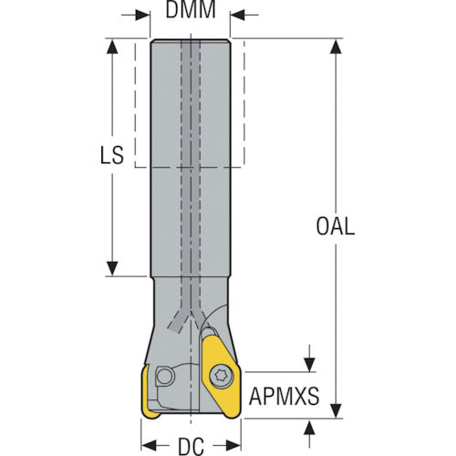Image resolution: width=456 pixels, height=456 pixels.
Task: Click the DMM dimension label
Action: coord(191,10)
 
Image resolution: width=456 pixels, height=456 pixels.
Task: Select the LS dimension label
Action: coord(112,155)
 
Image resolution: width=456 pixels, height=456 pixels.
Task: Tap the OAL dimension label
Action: coord(336,226)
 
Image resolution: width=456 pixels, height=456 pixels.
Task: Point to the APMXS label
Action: coord(285,396)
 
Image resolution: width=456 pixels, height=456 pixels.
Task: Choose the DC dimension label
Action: coord(191,447)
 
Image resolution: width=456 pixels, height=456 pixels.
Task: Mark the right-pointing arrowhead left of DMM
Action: coord(142,15)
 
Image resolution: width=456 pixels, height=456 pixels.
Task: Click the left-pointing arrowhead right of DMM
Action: coord(237,15)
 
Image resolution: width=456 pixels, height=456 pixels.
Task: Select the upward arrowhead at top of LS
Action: coord(112,47)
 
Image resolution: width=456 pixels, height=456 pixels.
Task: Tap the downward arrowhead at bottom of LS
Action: coord(112,268)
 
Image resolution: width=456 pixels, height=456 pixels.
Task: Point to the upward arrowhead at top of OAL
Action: coord(336,47)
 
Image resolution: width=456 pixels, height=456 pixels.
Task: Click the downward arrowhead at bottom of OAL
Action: coord(336,410)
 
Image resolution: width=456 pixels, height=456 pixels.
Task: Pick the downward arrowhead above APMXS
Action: coord(309,365)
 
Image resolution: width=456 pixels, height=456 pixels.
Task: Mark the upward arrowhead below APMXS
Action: coord(309,426)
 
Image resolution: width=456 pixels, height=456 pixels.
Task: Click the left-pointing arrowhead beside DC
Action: coord(149,446)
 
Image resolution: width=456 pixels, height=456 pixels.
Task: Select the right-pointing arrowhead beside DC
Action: coord(233,446)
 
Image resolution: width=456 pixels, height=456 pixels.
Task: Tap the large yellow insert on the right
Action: coord(221,377)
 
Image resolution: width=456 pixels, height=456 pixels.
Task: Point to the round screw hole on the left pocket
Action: coord(164,377)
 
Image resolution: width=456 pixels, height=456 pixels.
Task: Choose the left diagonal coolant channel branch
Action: coord(177,323)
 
